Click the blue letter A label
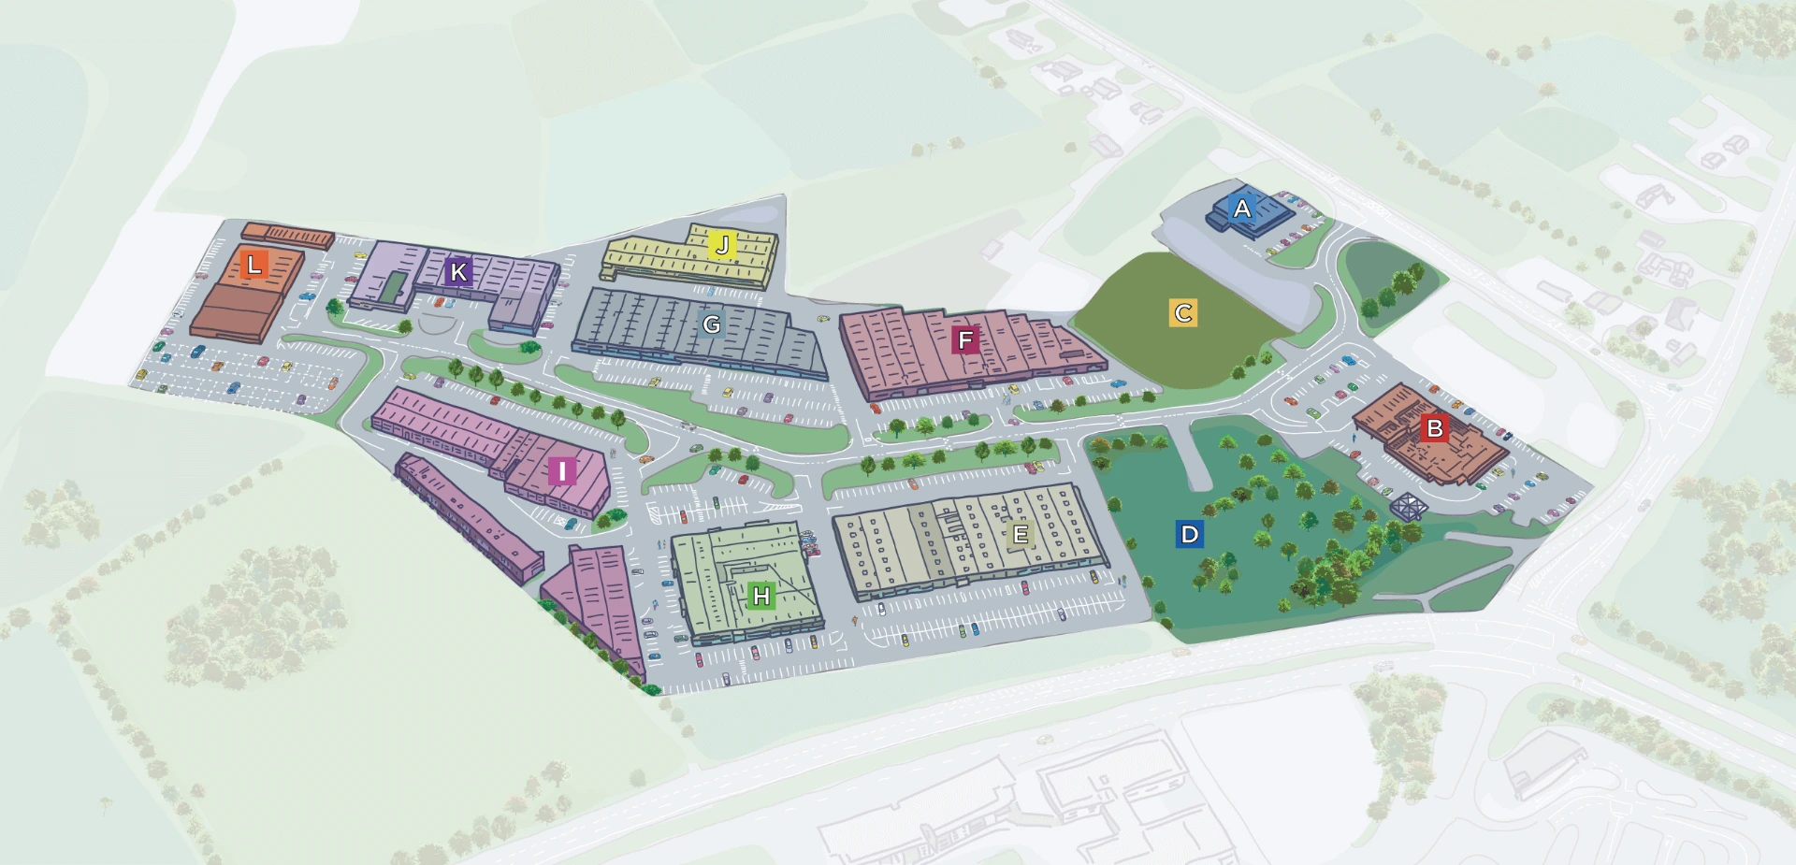[x=1242, y=209]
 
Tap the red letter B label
[x=1434, y=429]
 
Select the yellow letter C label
[x=1183, y=312]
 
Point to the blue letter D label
[x=1189, y=534]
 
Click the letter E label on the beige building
[x=1021, y=534]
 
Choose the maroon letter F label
[x=965, y=339]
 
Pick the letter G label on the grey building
[x=712, y=324]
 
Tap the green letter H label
[x=761, y=596]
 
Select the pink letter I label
[x=561, y=471]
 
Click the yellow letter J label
[x=722, y=245]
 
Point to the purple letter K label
[x=457, y=272]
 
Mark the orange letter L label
[x=253, y=264]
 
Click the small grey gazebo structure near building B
[x=1408, y=507]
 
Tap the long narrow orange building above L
[x=287, y=234]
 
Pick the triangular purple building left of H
[x=599, y=598]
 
